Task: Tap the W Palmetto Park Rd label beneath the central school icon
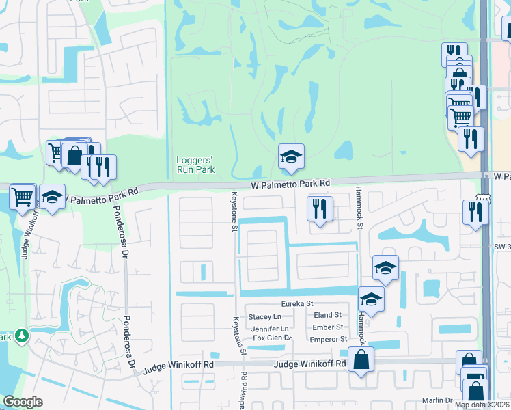point(290,183)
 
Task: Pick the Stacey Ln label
point(265,316)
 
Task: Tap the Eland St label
point(327,315)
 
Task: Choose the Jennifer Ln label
point(265,328)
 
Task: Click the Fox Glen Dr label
point(272,338)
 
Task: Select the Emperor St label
point(329,339)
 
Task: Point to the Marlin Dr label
point(437,400)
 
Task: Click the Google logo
point(23,402)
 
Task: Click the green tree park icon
point(23,336)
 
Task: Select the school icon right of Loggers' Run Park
point(291,157)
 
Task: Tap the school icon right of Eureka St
point(371,299)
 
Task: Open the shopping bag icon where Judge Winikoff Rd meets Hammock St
point(361,359)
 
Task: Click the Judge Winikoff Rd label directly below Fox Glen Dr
point(309,364)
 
